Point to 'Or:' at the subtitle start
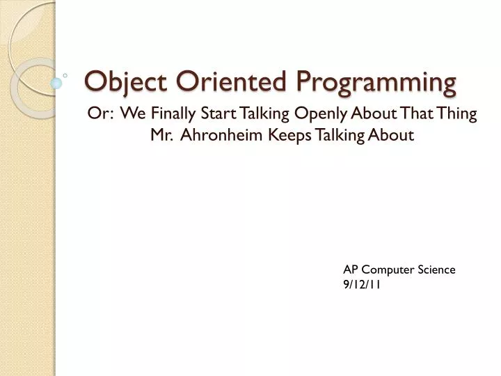[101, 114]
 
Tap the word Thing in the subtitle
[458, 115]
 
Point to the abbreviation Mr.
[161, 136]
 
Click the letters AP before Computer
[351, 269]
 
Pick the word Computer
[387, 270]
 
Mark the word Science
[436, 269]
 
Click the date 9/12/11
[362, 284]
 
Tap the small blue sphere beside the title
[56, 83]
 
